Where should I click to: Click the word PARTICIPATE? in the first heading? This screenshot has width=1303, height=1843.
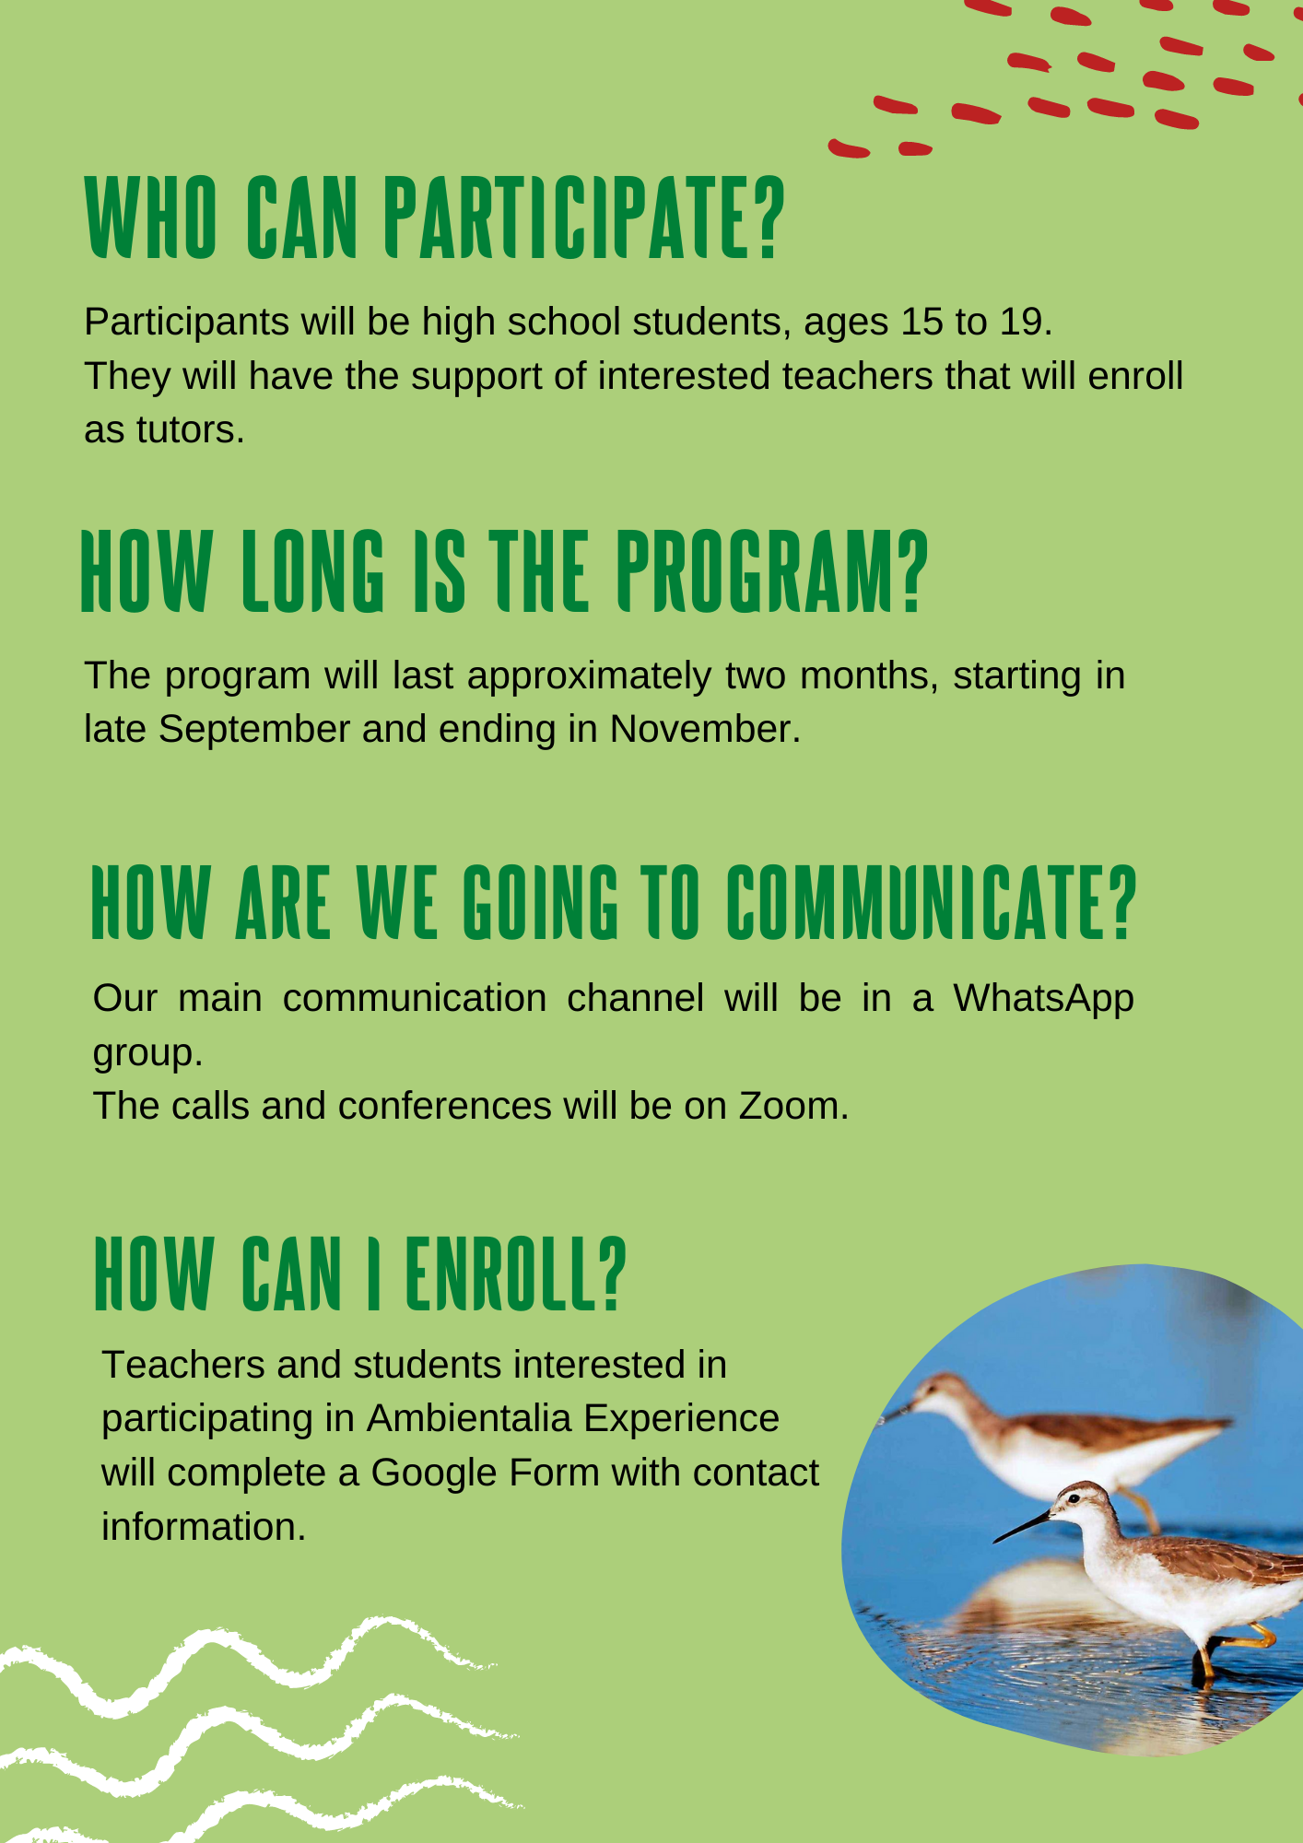(584, 218)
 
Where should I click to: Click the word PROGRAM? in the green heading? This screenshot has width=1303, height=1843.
(772, 571)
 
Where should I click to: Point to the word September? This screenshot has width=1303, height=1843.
(254, 730)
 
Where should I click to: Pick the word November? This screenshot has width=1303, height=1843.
(705, 729)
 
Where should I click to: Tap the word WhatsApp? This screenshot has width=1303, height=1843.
(1043, 999)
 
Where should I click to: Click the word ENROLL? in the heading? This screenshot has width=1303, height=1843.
(516, 1274)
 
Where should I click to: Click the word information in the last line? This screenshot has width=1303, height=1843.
(203, 1527)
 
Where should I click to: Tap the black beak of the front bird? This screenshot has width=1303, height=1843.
(1023, 1526)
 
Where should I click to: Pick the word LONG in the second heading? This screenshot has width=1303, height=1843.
(313, 571)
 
